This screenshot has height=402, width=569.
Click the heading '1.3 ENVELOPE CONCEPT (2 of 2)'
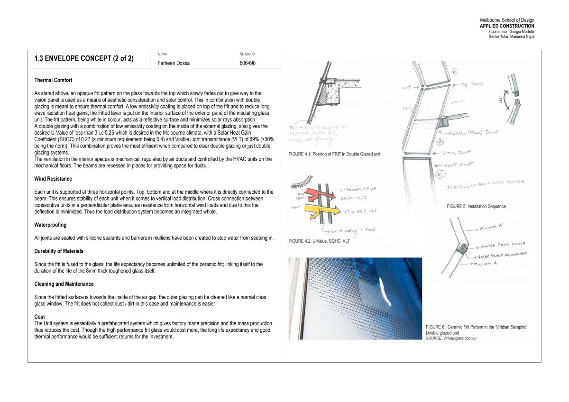[x=84, y=59]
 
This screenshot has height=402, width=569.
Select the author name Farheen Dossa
[x=173, y=63]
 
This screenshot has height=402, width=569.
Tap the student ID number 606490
[x=248, y=63]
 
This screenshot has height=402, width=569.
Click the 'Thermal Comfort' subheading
[x=53, y=80]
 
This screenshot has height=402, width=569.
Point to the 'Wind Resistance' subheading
[x=53, y=179]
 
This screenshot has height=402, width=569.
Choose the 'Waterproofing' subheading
[x=50, y=225]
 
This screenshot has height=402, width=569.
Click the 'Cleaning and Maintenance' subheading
[x=64, y=284]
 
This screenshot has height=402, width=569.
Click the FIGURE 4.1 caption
[x=334, y=154]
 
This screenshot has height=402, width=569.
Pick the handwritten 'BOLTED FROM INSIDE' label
[x=500, y=246]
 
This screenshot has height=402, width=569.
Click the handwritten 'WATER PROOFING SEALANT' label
[x=504, y=255]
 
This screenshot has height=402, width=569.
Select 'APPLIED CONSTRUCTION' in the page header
[x=507, y=26]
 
